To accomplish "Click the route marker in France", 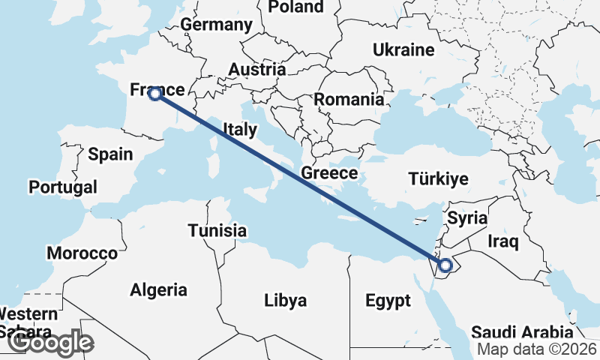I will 154,94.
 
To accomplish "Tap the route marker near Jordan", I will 445,265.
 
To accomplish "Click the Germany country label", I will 216,24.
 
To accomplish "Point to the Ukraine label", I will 404,50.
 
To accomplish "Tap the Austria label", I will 256,70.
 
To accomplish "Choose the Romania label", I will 349,100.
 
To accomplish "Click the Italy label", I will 239,130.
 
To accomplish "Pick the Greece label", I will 328,173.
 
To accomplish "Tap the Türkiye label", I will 438,178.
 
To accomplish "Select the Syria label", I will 467,218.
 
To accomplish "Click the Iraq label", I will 502,241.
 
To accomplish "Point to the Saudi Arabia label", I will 522,331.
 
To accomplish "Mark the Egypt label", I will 388,301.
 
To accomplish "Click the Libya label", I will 286,301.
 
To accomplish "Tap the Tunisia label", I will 217,230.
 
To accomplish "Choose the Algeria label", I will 158,289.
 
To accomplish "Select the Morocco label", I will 82,253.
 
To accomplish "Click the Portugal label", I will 63,187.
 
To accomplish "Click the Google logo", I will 50,343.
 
